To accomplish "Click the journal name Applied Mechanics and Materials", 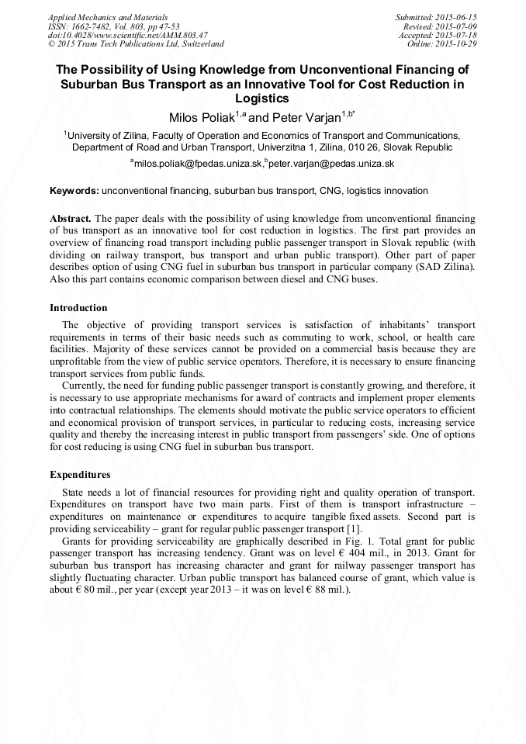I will [x=108, y=17].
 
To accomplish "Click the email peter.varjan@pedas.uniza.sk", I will [x=331, y=164].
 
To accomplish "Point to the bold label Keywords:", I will [x=74, y=191].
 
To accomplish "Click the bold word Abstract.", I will [x=71, y=220].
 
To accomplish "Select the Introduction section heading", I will [x=78, y=308].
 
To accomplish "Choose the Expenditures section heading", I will [x=80, y=474].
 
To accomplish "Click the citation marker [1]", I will [x=330, y=528].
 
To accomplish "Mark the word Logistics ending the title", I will [x=262, y=99].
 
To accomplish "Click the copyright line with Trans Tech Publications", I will [x=136, y=44].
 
